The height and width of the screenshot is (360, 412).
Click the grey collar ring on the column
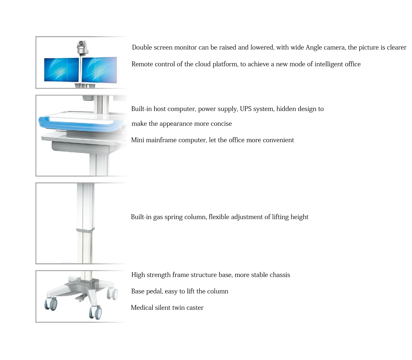[85, 230]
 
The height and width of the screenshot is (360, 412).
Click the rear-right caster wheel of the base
[113, 293]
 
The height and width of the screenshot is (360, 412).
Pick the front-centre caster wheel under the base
[95, 312]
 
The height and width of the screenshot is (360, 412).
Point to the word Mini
[137, 140]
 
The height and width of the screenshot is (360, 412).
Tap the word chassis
[279, 275]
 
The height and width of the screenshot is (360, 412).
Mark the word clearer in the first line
[396, 47]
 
